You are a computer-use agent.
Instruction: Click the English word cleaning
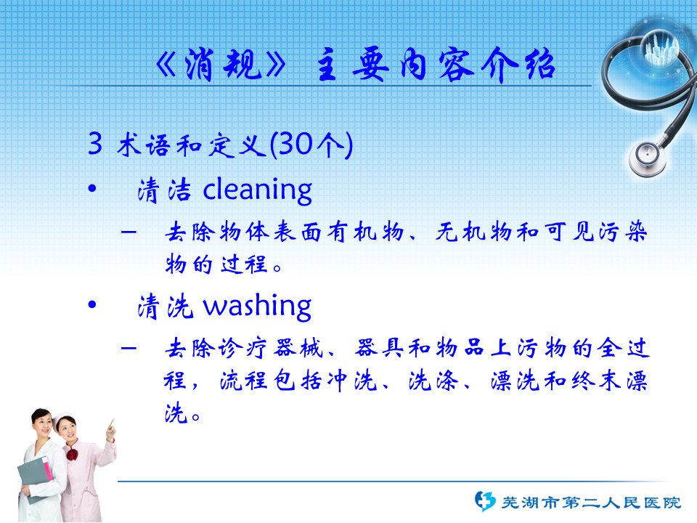(x=257, y=190)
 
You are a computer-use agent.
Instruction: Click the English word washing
(x=257, y=307)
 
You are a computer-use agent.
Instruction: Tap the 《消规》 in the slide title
(x=221, y=65)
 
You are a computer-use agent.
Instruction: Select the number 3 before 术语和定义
(x=95, y=143)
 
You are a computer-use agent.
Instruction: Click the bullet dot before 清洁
(x=92, y=189)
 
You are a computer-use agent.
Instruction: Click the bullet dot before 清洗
(x=92, y=304)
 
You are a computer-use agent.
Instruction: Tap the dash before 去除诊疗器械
(x=129, y=347)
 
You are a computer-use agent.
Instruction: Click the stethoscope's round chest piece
(x=648, y=158)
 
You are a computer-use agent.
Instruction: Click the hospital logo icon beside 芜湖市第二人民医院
(x=485, y=501)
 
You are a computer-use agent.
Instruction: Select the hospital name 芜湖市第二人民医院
(x=591, y=503)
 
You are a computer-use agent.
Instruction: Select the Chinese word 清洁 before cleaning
(x=165, y=190)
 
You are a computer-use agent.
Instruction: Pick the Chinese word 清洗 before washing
(x=166, y=307)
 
